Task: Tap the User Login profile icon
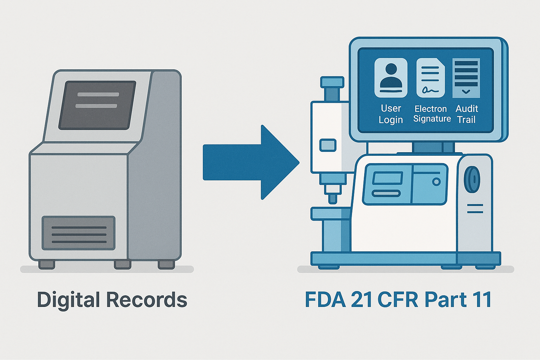tap(391, 78)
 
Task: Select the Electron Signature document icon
tap(431, 78)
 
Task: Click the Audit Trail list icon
tap(466, 78)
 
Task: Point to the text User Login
tap(391, 114)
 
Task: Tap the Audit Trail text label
tap(466, 114)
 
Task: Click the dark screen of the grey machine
tap(97, 105)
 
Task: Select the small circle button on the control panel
tap(436, 181)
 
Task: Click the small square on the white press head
tap(327, 145)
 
